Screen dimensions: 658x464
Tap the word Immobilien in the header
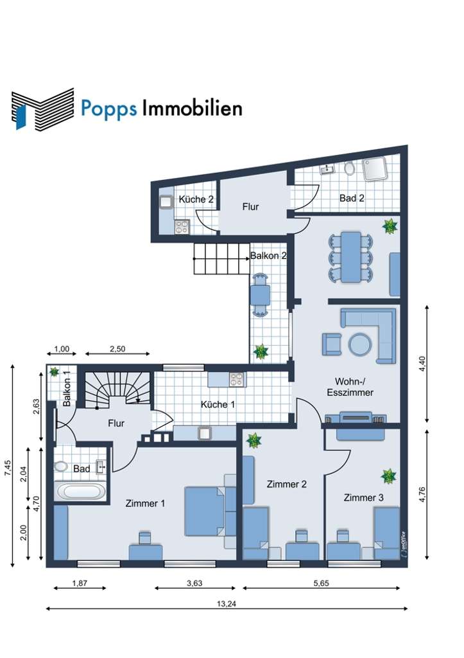192,108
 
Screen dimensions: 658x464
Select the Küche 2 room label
196,199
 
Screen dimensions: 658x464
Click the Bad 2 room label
352,199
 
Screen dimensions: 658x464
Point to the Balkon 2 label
268,255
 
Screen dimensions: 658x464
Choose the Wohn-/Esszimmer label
349,386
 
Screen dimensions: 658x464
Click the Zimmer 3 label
364,497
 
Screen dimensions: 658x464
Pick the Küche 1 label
218,404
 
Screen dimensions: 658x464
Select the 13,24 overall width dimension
227,603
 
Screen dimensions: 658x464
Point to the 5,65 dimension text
323,583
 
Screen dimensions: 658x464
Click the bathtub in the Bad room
81,492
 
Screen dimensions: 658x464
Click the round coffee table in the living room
360,344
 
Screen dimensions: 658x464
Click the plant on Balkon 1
55,372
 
